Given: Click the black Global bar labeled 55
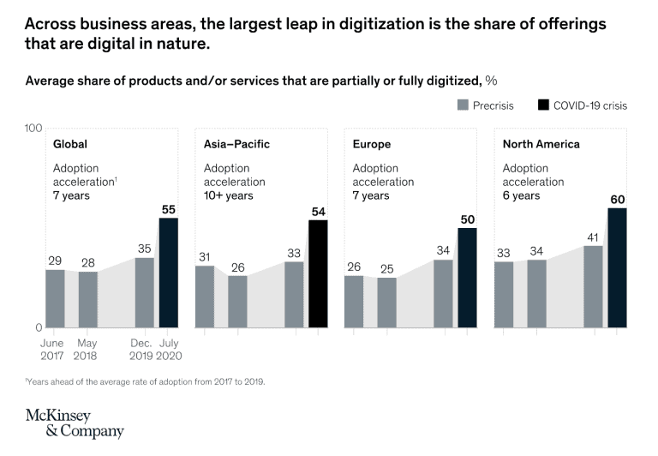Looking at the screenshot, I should click(169, 273).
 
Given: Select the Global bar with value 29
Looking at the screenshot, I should click(55, 298).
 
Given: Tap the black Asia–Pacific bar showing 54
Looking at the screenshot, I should click(318, 273).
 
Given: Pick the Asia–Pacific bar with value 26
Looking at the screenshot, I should click(237, 301).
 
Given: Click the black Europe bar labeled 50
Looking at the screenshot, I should click(467, 278).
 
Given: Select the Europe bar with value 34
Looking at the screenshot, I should click(443, 293).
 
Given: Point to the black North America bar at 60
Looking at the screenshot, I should click(617, 267).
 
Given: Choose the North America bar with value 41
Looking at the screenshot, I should click(593, 286).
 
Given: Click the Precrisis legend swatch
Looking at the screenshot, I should click(464, 105).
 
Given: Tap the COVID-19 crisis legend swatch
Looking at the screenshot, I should click(542, 105).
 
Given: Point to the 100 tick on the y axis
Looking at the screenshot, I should click(33, 129).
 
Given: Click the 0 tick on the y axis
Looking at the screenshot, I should click(38, 327).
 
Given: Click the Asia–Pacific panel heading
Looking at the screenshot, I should click(236, 144).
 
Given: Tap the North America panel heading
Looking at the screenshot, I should click(541, 144).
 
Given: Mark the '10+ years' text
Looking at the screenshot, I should click(228, 195).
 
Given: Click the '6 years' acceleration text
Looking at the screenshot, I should click(521, 195).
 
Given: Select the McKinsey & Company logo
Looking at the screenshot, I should click(75, 423).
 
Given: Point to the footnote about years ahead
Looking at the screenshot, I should click(145, 381).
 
